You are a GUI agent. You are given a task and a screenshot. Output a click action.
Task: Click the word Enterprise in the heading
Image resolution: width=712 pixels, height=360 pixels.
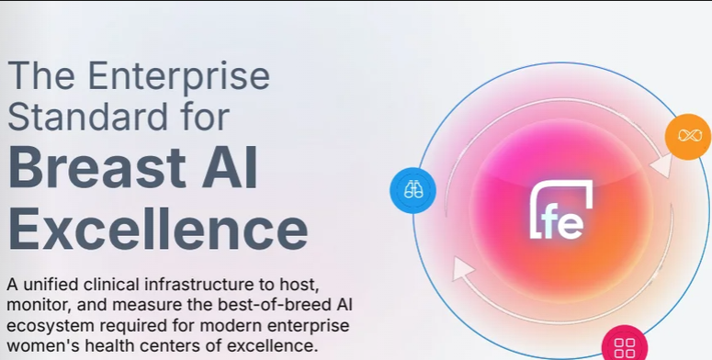178,77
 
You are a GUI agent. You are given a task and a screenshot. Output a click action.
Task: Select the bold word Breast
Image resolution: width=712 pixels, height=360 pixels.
97,167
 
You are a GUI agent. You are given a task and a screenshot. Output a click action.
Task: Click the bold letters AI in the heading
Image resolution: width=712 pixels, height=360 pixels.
230,167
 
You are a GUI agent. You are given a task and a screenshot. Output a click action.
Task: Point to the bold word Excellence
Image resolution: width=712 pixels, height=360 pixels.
158,229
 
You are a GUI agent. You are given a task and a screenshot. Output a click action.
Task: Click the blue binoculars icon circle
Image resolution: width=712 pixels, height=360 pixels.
413,190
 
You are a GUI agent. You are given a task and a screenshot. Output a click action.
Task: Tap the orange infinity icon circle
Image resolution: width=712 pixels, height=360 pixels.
688,136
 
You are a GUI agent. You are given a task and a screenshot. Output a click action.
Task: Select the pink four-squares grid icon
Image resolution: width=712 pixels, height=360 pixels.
625,347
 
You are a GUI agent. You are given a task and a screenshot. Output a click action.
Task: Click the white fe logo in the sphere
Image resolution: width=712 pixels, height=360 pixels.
561,209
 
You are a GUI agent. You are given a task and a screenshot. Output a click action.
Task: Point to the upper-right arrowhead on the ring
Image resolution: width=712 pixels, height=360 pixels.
661,164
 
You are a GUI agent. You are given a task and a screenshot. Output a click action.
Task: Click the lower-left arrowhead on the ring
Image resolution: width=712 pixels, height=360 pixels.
462,269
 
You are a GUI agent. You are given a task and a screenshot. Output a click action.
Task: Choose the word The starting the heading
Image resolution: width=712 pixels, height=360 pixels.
41,77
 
